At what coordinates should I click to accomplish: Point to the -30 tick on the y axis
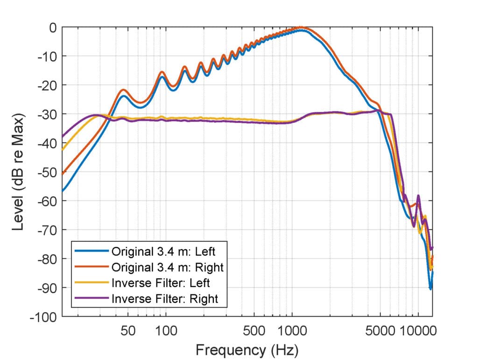47,114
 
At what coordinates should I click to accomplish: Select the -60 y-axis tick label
47,201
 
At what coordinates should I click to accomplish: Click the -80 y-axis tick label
47,259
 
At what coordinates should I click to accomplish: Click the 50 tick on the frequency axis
128,331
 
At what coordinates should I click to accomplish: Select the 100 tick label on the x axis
165,331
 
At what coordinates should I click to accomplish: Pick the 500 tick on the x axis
254,331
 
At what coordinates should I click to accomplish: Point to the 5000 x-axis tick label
380,331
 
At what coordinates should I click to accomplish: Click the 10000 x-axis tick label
418,331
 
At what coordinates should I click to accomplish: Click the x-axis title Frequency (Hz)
247,349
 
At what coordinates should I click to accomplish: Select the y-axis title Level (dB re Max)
19,172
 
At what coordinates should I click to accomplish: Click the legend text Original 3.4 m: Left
163,251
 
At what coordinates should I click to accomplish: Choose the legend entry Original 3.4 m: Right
167,267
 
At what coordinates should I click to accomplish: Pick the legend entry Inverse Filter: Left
160,282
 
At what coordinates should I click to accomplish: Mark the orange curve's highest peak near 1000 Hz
301,27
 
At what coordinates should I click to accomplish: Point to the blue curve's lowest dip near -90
430,289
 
